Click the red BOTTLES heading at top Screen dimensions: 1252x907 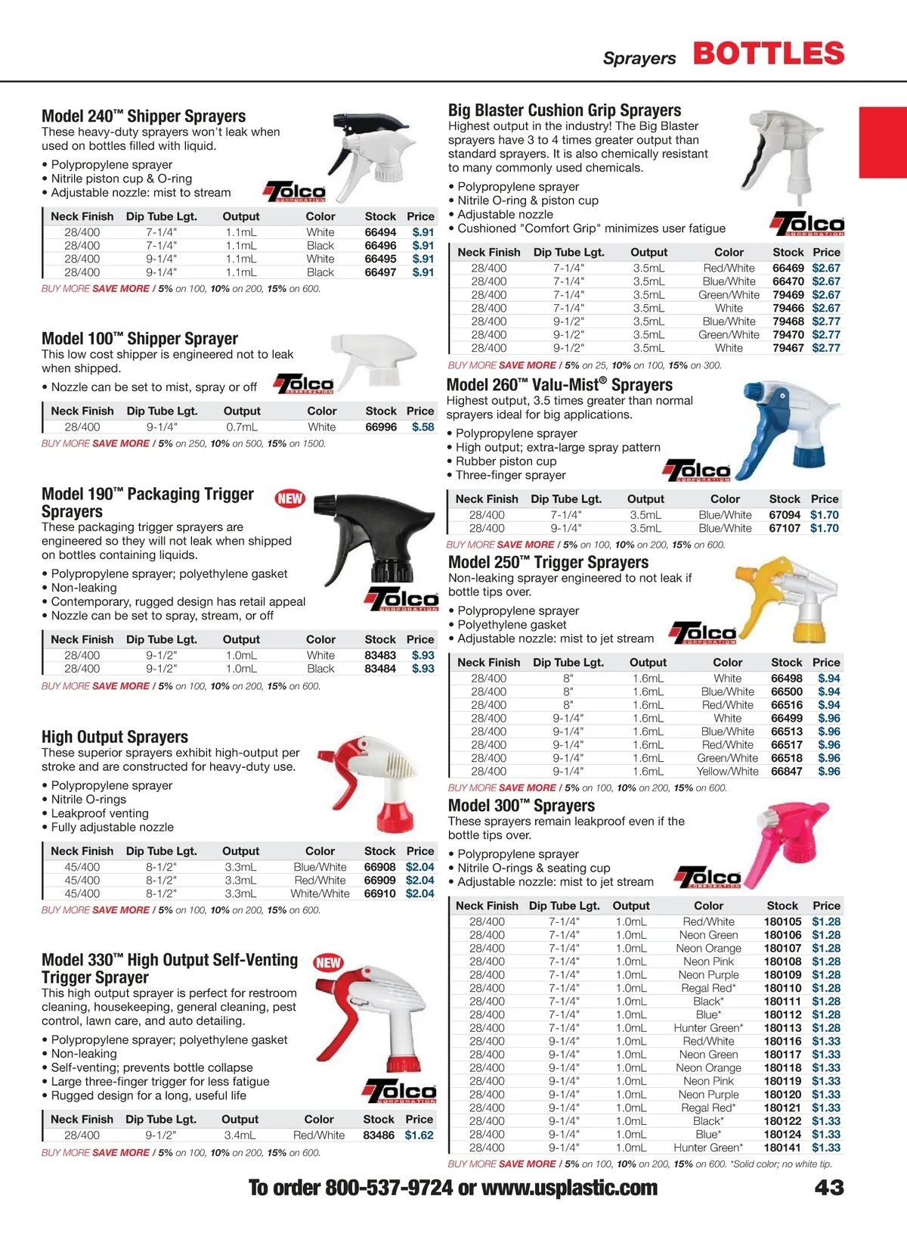pyautogui.click(x=768, y=54)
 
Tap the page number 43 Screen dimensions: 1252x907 pyautogui.click(x=829, y=1188)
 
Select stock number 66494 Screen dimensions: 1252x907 pyautogui.click(x=380, y=232)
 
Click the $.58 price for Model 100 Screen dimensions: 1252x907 pyautogui.click(x=423, y=427)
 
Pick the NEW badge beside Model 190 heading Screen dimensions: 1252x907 pyautogui.click(x=289, y=499)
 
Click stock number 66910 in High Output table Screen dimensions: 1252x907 pyautogui.click(x=379, y=893)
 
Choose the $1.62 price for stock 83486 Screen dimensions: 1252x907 pyautogui.click(x=419, y=1135)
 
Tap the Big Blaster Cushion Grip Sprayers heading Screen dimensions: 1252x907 pyautogui.click(x=565, y=110)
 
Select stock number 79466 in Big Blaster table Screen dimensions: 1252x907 pyautogui.click(x=788, y=308)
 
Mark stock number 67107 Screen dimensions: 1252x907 pyautogui.click(x=785, y=528)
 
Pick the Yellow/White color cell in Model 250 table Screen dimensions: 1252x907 pyautogui.click(x=727, y=772)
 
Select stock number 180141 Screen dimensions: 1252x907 pyautogui.click(x=782, y=1148)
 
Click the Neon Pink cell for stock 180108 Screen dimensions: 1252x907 pyautogui.click(x=708, y=962)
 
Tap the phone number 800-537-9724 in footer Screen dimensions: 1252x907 pyautogui.click(x=389, y=1188)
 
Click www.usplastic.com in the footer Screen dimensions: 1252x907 pyautogui.click(x=569, y=1188)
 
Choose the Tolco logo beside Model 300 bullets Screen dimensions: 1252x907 pyautogui.click(x=708, y=877)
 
